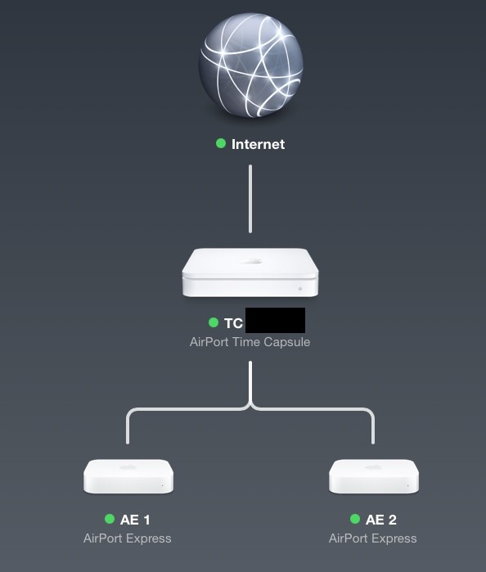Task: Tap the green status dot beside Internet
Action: tap(220, 143)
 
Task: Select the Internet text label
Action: tap(258, 144)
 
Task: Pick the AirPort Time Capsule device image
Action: tap(250, 272)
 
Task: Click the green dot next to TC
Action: tap(214, 322)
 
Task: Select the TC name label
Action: tap(233, 323)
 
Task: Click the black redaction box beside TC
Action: tap(275, 321)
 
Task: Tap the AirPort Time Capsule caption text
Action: tap(250, 342)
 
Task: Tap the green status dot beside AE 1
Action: tap(110, 519)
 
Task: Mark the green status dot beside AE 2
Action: tap(354, 519)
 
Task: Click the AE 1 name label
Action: tap(135, 520)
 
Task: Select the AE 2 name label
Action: tap(380, 520)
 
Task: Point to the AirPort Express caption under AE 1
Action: tap(128, 538)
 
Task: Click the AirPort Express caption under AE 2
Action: tap(373, 538)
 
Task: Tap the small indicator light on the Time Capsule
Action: tap(300, 289)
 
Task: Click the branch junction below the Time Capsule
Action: tap(250, 404)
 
